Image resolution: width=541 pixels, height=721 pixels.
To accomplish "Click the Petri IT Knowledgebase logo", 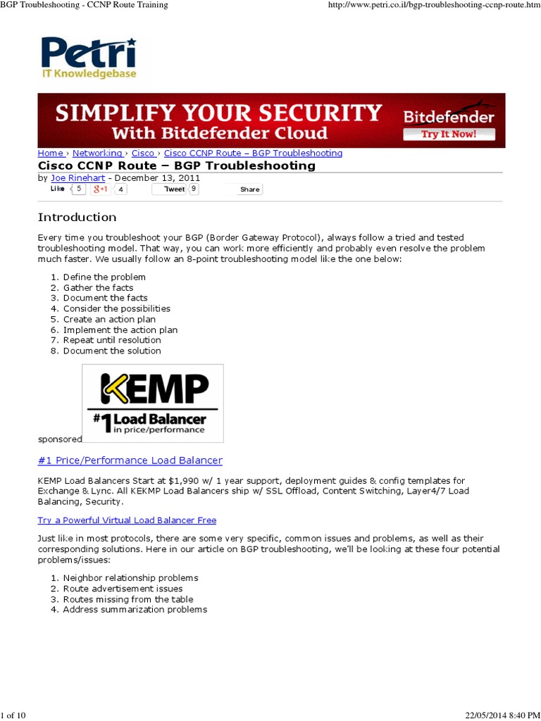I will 88,57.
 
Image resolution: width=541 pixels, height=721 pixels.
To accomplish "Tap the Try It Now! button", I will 448,133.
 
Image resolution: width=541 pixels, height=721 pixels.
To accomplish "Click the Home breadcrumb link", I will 50,153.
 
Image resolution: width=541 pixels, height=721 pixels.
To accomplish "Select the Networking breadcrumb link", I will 97,153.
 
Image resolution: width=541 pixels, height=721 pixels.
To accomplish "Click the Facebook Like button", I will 58,189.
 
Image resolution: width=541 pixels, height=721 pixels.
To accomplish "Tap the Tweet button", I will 174,189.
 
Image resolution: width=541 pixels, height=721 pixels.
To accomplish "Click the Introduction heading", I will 77,217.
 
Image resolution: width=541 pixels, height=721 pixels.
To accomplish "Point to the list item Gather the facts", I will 98,287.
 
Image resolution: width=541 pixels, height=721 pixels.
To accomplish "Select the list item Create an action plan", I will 109,319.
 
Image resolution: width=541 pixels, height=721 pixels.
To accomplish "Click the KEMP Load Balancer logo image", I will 153,403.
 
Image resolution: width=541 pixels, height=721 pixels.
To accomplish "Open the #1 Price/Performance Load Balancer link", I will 130,460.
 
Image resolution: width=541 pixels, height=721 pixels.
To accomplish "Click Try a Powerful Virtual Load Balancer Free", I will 127,520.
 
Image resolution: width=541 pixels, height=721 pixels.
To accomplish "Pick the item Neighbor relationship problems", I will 130,577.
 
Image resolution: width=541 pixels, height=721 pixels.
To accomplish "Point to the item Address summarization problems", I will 135,609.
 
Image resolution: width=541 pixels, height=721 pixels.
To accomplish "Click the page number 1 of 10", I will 13,715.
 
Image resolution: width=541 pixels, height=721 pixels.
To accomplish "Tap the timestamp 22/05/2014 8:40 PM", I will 500,715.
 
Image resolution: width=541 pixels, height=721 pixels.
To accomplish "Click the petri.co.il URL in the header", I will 433,5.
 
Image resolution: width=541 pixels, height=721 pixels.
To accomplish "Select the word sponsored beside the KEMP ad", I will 59,439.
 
